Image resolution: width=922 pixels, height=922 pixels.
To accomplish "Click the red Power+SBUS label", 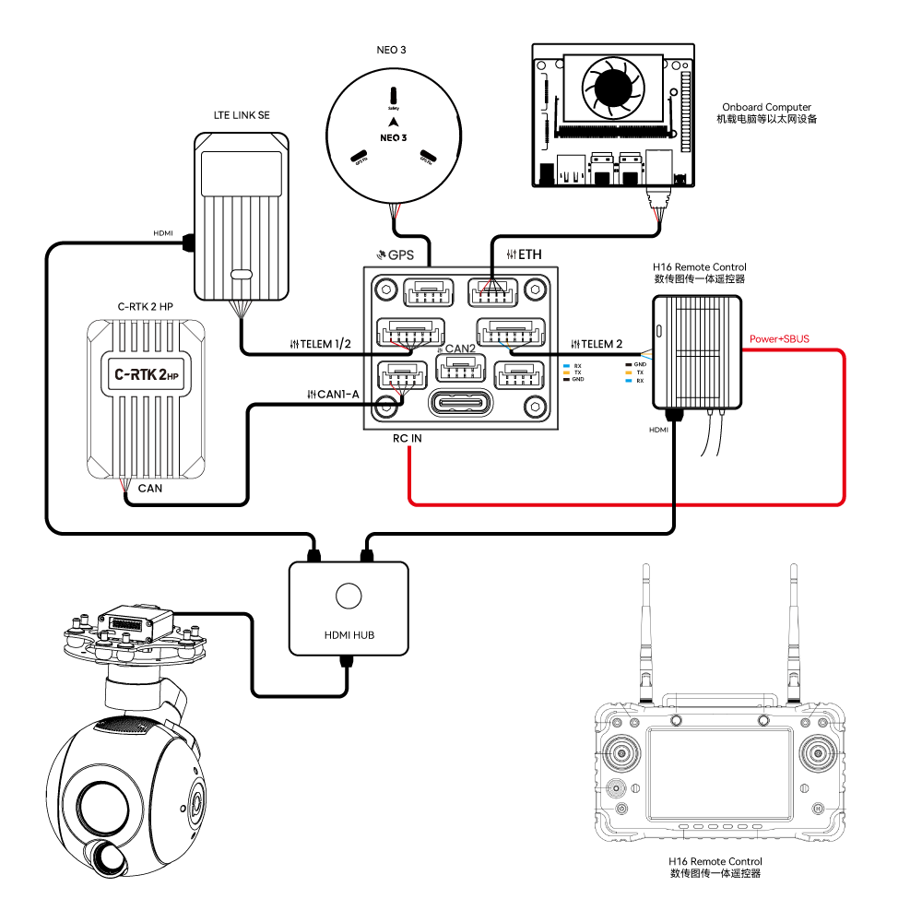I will click(779, 339).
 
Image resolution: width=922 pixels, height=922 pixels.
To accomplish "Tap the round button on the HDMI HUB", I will click(349, 596).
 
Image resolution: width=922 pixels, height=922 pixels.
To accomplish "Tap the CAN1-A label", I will click(337, 395).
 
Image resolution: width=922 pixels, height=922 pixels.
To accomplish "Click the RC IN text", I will click(407, 439).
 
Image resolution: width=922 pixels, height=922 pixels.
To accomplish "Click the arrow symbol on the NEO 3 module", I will click(394, 122).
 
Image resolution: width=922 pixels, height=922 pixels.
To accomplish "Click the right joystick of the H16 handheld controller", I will click(816, 754).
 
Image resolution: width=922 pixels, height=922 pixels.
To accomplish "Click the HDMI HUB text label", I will click(349, 635).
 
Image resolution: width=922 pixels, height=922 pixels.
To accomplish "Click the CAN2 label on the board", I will click(461, 349).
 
